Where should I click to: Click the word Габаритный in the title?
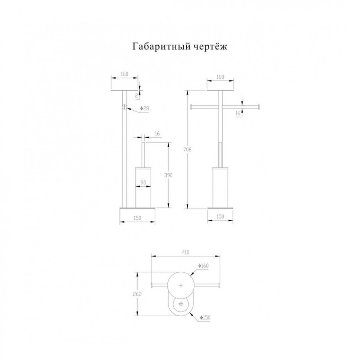161,47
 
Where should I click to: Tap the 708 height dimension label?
187,150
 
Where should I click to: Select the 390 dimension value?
168,175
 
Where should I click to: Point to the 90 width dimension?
143,183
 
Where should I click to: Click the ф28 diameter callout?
144,108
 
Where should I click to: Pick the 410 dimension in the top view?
185,252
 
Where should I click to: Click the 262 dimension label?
137,294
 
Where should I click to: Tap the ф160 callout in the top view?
203,266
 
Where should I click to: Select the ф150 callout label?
205,318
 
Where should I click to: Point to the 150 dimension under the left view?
137,218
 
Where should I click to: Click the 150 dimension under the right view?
220,216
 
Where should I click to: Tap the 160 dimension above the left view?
124,74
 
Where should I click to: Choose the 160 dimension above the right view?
220,77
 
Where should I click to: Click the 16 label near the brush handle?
157,134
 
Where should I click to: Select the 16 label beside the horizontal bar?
238,113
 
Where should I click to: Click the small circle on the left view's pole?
124,107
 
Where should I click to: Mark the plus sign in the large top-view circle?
181,285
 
